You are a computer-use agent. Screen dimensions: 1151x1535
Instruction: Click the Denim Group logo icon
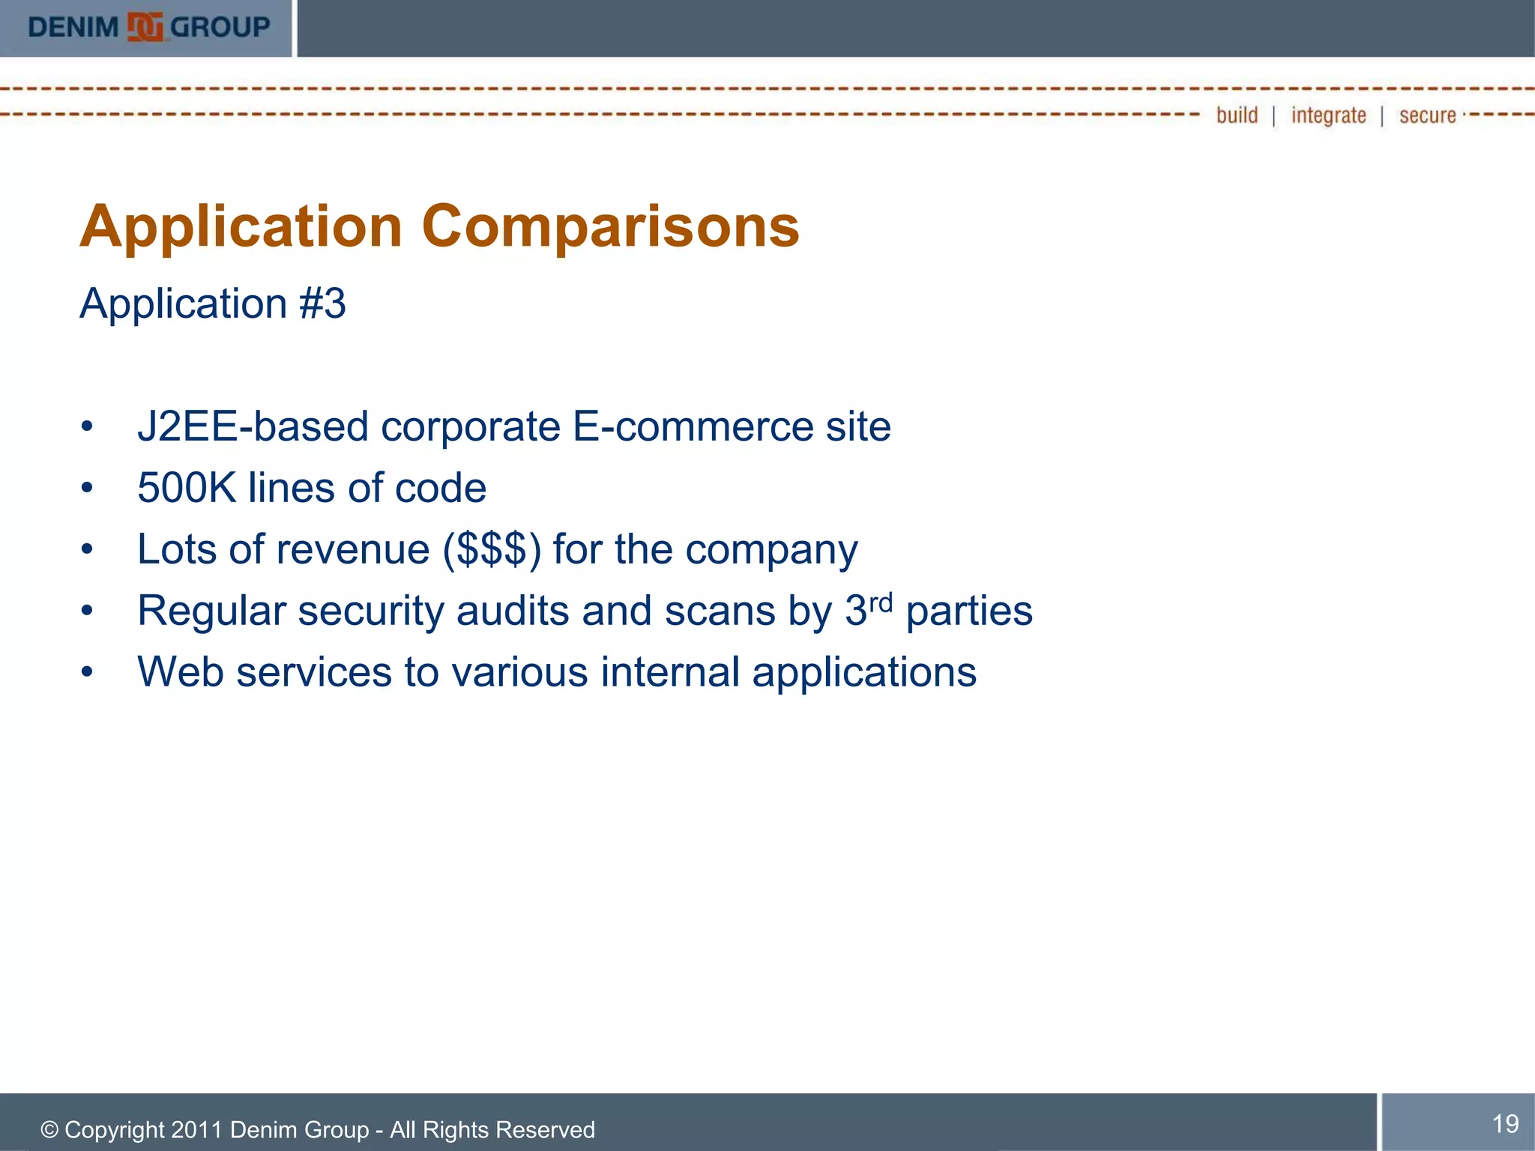145,28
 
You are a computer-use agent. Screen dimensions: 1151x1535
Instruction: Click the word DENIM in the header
73,28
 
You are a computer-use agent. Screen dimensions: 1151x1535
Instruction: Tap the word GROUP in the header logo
220,28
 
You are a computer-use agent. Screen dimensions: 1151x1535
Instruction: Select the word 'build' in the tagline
1237,115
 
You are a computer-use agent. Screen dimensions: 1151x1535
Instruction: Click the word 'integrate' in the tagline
1328,115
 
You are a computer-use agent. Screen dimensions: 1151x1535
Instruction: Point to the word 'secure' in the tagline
1427,115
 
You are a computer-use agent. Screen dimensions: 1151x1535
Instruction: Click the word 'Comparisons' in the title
610,226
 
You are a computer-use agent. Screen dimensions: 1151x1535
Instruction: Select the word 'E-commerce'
693,427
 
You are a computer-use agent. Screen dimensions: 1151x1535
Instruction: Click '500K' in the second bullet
187,489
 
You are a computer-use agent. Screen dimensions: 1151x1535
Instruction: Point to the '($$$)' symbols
492,550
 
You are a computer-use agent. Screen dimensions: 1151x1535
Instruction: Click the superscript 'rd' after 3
881,602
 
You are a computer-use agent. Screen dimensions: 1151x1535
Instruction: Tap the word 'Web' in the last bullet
181,672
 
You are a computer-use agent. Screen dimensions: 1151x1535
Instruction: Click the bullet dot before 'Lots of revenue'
88,550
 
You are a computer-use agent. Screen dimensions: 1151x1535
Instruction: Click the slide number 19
1505,1123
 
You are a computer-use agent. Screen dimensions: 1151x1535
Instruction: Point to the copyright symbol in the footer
49,1130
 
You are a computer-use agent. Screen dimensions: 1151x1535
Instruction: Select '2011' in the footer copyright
197,1130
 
